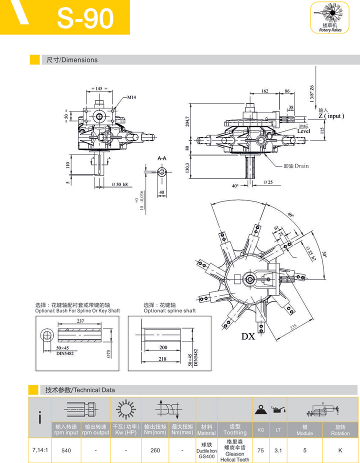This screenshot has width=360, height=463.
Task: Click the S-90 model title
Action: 85,18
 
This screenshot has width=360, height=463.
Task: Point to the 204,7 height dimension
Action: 187,121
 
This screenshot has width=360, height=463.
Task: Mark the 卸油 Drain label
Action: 296,166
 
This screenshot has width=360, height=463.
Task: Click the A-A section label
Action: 162,158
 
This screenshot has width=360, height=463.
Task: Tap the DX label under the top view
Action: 248,336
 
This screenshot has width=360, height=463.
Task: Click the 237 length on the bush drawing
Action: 80,321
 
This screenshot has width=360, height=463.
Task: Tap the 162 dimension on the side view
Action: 264,91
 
